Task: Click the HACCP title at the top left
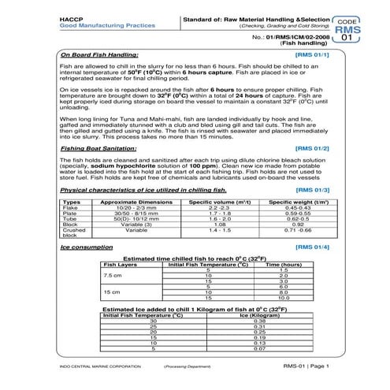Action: [x=69, y=17]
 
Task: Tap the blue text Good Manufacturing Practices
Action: [x=93, y=24]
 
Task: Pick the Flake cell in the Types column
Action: [x=70, y=209]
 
